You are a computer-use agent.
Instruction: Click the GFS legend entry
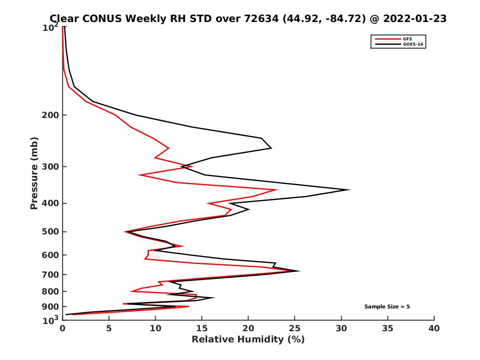coord(407,39)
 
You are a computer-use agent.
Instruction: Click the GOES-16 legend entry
coord(412,44)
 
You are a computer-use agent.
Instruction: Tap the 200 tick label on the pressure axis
coord(50,115)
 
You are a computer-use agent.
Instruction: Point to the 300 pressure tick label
coord(50,166)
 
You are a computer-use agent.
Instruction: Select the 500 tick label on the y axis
coord(50,232)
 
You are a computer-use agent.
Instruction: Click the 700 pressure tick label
coord(50,274)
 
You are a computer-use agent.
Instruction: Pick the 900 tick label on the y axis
coord(50,307)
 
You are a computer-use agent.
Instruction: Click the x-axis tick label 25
coord(295,328)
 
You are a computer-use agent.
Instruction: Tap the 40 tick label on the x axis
coord(434,328)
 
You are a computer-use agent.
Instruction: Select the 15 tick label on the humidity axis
coord(202,328)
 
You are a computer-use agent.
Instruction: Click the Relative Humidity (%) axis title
coord(248,340)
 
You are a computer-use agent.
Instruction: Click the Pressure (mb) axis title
coord(34,173)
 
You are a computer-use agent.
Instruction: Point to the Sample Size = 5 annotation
coord(387,307)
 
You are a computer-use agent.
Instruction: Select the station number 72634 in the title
coord(260,18)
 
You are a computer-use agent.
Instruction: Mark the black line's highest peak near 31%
coord(350,190)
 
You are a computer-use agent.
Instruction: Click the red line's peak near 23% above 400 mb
coord(277,190)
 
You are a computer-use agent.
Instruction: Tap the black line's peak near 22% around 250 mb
coord(271,148)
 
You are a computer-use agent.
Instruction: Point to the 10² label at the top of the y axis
coord(50,27)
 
